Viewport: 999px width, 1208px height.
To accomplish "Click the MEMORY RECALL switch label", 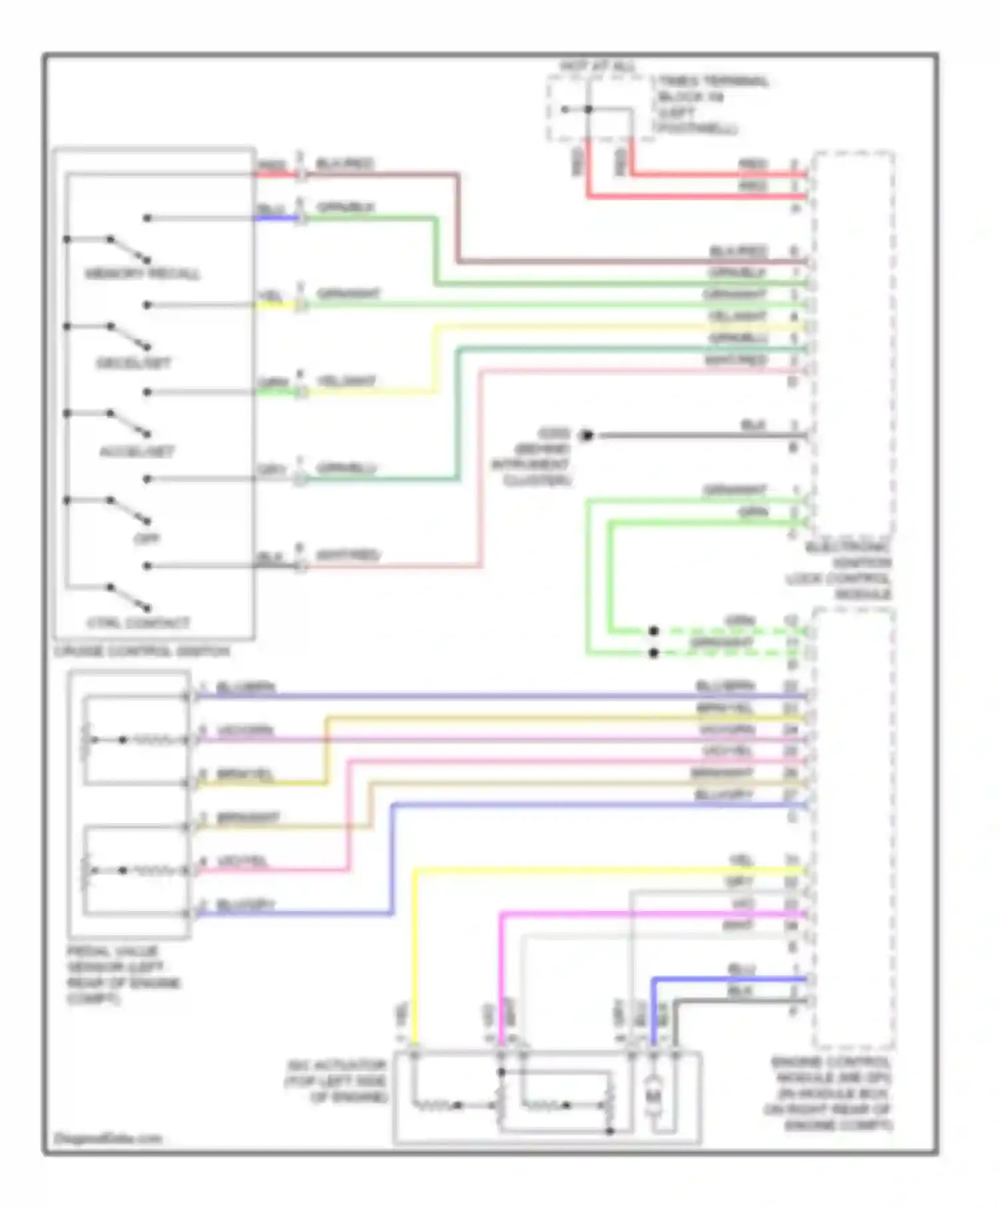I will click(x=142, y=274).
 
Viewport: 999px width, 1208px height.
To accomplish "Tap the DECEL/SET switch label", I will click(x=133, y=363).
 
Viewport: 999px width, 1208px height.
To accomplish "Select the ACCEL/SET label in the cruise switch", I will click(x=137, y=452).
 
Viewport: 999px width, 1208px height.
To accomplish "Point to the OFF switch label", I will click(x=147, y=539).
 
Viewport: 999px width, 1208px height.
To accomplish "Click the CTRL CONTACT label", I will click(x=139, y=623).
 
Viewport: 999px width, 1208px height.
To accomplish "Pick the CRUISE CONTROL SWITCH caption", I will click(x=142, y=651).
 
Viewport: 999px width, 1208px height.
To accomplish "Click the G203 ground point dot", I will click(x=586, y=436).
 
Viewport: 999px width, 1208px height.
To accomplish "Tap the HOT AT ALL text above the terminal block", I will click(x=597, y=67).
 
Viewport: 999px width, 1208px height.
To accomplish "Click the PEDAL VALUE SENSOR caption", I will click(x=123, y=975).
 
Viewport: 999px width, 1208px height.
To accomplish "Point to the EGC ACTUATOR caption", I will click(x=337, y=1081).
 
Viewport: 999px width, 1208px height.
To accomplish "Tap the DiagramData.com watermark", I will click(x=108, y=1139).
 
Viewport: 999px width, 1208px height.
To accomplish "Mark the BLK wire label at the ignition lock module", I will click(x=753, y=425).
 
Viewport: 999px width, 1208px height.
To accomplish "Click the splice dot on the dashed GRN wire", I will click(x=653, y=631).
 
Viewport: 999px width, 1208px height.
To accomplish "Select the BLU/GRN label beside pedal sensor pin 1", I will click(x=246, y=687).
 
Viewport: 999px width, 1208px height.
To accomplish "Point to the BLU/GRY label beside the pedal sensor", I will click(x=246, y=904).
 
